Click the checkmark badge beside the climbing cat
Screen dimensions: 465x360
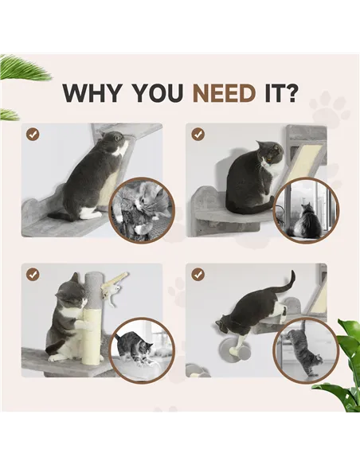(33, 135)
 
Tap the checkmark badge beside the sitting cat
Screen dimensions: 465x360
(198, 135)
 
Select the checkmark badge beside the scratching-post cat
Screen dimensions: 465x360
(33, 275)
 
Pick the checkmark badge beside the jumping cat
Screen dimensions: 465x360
(198, 275)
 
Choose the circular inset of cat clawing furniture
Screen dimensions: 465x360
(140, 209)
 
